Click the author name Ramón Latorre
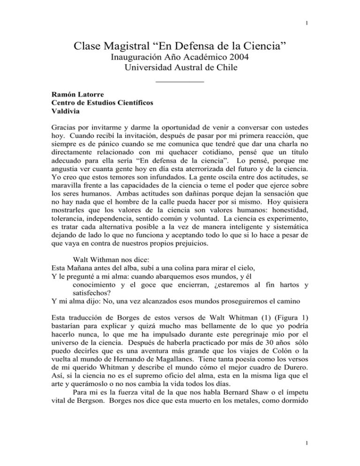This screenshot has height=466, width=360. coord(73,94)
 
